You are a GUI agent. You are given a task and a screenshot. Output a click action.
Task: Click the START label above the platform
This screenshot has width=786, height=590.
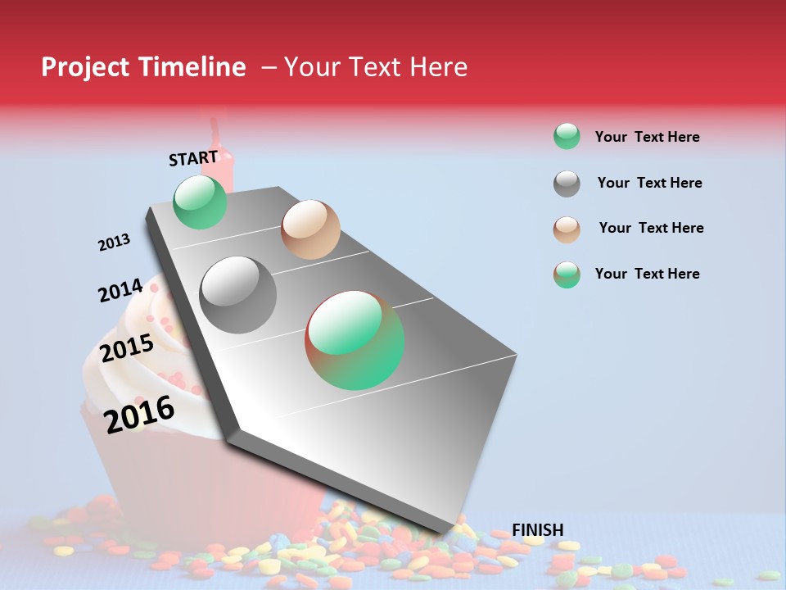(194, 157)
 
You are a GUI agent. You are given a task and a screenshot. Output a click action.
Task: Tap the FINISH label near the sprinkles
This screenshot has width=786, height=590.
(537, 530)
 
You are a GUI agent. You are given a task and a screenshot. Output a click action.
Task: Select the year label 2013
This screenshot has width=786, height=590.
(114, 243)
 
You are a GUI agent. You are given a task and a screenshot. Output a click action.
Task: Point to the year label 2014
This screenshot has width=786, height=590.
(120, 290)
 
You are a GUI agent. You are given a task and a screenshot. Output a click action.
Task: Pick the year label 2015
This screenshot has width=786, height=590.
(127, 348)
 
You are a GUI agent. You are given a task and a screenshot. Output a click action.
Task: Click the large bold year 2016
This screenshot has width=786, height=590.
(139, 414)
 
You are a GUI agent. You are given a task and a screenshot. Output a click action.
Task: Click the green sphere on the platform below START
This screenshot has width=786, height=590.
(200, 202)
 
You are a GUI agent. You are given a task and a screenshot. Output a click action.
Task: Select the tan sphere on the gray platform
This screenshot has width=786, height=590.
(310, 229)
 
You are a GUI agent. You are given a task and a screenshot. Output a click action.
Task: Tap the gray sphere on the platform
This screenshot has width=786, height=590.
(237, 295)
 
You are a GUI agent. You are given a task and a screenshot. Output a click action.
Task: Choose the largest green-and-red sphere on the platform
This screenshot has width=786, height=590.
(355, 340)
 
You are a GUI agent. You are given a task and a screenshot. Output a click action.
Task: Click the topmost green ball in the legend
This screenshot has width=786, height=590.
(567, 136)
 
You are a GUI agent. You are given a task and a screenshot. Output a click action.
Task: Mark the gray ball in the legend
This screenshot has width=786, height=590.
(567, 184)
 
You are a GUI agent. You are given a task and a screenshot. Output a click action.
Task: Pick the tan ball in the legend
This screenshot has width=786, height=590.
(567, 229)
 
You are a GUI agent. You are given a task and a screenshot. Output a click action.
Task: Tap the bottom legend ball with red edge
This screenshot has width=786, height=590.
(567, 275)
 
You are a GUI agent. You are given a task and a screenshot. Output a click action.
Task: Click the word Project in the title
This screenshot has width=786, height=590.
(85, 67)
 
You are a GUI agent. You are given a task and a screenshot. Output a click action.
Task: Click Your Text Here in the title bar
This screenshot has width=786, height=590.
(375, 67)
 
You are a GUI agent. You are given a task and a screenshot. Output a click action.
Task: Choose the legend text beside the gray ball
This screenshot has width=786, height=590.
(649, 183)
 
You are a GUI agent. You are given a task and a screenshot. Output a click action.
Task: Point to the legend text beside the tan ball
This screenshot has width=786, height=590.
(651, 228)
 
